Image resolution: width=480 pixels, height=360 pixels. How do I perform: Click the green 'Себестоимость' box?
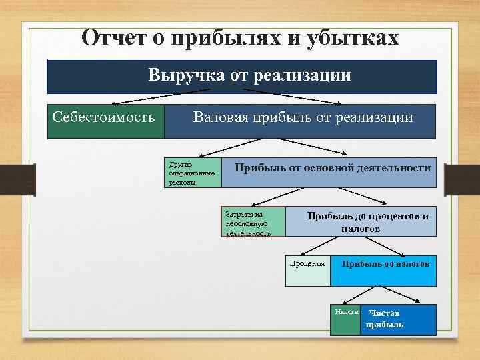105,121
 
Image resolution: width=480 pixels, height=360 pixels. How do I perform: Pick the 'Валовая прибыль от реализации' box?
300,121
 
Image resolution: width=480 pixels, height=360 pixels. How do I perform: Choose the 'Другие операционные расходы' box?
193,173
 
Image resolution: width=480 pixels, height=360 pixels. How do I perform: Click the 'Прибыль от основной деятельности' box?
329,173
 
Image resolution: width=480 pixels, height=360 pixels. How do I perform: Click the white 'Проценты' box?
307,271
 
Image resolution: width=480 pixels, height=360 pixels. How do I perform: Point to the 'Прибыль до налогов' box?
384,271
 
